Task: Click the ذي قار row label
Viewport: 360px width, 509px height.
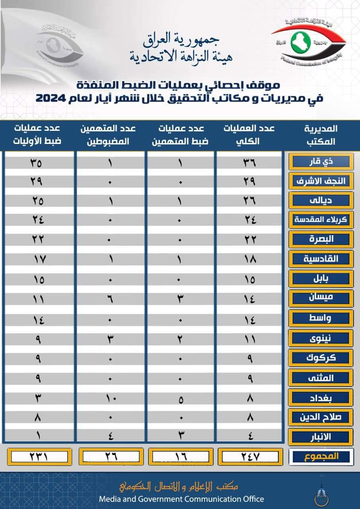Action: coord(321,161)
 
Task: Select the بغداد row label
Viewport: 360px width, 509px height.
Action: coord(321,397)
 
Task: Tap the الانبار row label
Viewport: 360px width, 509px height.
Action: coord(321,436)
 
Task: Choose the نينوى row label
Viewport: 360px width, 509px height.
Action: coord(321,338)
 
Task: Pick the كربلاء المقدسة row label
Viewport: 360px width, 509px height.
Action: coord(321,220)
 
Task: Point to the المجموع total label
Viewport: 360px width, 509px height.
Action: coord(321,457)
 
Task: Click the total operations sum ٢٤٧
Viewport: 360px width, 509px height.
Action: coord(251,457)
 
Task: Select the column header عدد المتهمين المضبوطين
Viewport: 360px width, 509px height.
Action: coord(110,134)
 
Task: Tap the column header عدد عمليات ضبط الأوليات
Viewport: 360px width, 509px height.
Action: coord(39,134)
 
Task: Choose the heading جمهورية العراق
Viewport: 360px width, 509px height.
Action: coord(181,39)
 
